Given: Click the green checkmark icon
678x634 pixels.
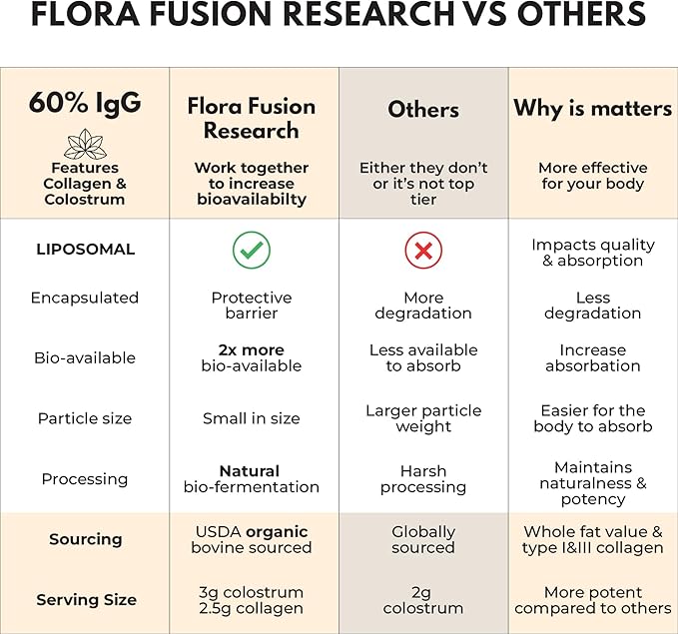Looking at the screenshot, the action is click(x=252, y=251).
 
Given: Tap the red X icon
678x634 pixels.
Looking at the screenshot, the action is click(x=423, y=251).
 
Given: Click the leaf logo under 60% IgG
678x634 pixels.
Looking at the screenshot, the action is click(x=85, y=144).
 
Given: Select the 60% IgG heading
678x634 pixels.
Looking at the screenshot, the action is click(x=85, y=104).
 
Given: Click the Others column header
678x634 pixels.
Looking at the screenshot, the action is click(x=423, y=109).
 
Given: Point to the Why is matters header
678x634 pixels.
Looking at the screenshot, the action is click(x=593, y=108).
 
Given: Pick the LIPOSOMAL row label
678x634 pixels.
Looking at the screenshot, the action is click(x=85, y=250).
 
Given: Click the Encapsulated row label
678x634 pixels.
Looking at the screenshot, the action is click(x=85, y=298).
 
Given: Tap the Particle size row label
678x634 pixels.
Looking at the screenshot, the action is click(x=85, y=418).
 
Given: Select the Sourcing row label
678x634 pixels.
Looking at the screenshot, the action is click(x=85, y=539).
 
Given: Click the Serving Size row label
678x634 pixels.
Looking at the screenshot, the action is click(x=86, y=600).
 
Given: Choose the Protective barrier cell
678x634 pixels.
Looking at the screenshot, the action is click(x=252, y=306).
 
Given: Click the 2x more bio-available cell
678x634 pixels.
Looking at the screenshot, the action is click(x=252, y=358).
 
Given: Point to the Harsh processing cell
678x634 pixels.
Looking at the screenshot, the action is click(x=423, y=479).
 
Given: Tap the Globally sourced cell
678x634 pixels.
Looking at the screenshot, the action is click(x=423, y=539).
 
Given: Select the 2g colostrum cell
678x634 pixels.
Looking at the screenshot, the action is click(x=423, y=600).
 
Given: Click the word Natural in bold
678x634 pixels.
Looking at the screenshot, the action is click(x=250, y=471).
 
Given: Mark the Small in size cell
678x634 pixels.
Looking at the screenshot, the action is click(x=252, y=418).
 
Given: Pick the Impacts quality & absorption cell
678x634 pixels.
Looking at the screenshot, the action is click(x=593, y=253).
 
